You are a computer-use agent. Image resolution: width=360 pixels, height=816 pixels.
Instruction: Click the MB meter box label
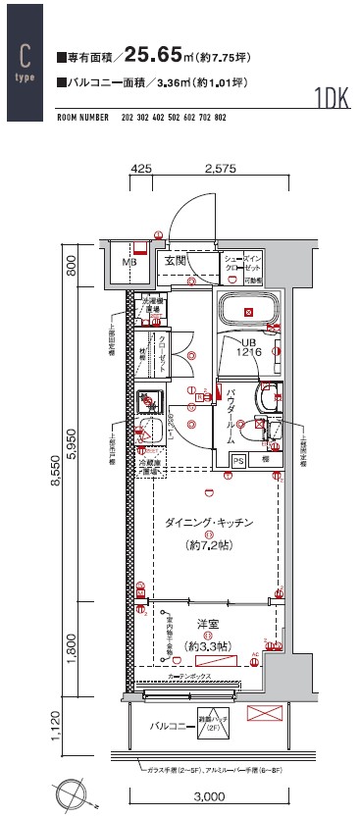[x=129, y=263]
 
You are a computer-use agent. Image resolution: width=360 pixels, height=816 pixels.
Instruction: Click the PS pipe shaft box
[x=238, y=459]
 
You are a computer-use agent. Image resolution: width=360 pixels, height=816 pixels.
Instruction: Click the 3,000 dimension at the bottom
[x=211, y=795]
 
